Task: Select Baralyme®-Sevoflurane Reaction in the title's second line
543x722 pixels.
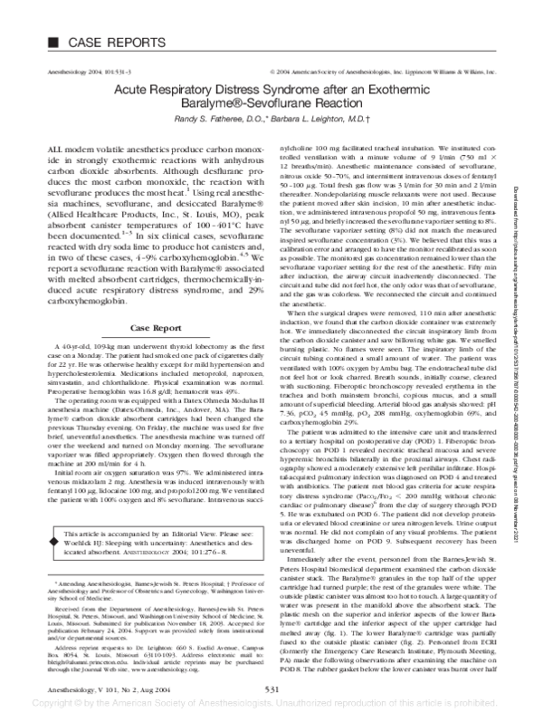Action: (271, 104)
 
